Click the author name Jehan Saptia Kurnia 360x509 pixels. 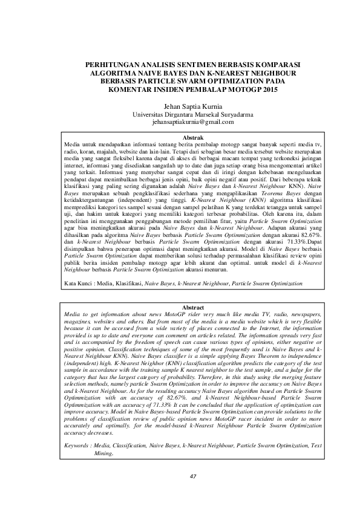(180, 105)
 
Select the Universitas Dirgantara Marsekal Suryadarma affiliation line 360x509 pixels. (180, 114)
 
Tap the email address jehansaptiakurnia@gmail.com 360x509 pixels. (180, 122)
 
